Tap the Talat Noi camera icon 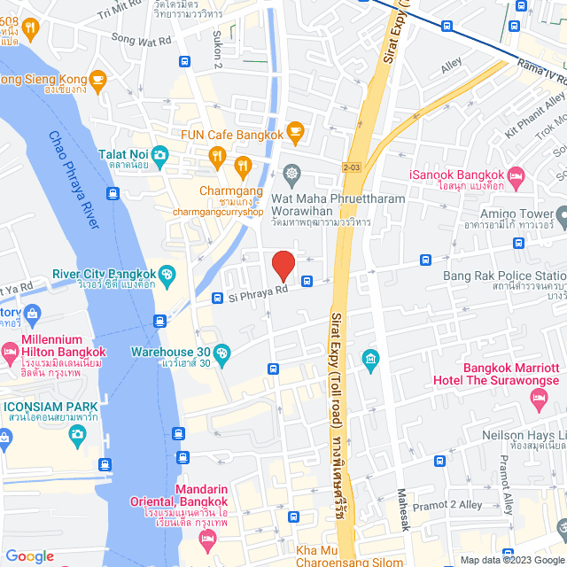click(160, 155)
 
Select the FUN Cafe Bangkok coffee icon click(295, 135)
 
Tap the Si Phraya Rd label click(259, 290)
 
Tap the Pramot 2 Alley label click(448, 504)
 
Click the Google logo click(29, 555)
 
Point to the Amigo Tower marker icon click(562, 214)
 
